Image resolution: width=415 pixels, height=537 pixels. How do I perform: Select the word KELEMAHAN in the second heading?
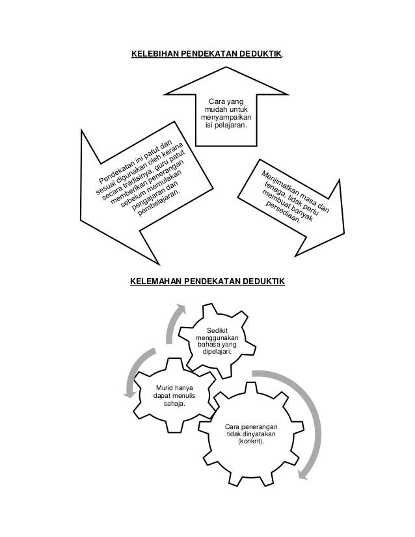point(156,281)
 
